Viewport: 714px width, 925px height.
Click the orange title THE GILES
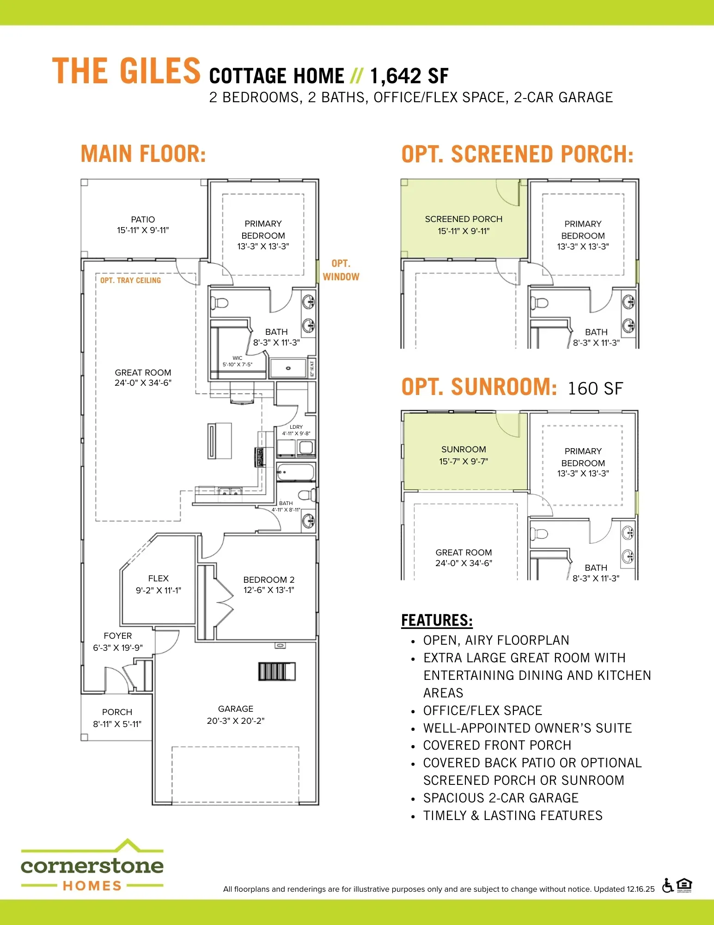126,71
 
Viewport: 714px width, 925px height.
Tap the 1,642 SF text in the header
409,76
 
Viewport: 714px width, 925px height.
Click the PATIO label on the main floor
143,219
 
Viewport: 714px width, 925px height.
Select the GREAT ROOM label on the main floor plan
143,372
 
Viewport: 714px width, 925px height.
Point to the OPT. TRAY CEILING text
131,280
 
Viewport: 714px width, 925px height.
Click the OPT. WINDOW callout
341,270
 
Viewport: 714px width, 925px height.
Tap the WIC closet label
238,358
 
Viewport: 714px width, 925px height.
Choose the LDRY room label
296,427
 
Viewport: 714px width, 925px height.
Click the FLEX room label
159,578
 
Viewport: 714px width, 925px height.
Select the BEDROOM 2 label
269,580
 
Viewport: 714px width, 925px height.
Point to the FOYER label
118,636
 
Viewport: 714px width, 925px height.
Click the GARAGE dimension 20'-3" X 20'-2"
236,721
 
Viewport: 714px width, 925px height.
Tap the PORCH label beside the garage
117,712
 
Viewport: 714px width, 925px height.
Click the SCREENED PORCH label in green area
464,219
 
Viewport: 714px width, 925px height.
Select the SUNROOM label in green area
464,450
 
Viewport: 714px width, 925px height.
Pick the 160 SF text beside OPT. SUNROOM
595,389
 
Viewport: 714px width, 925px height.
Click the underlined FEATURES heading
437,620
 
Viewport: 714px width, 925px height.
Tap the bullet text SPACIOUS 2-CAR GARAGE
501,798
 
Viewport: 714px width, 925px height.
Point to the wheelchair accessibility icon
667,886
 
